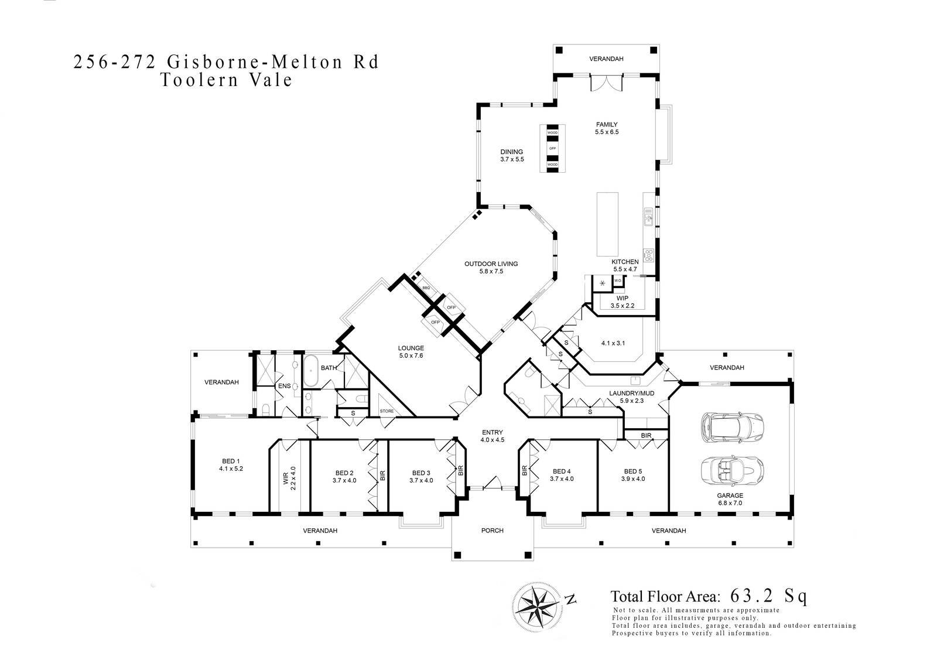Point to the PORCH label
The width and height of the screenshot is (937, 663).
pyautogui.click(x=492, y=531)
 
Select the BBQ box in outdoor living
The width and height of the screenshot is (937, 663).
pyautogui.click(x=426, y=288)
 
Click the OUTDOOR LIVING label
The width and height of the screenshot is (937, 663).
pyautogui.click(x=491, y=267)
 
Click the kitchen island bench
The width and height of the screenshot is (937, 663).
pyautogui.click(x=607, y=223)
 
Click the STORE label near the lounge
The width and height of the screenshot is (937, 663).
pyautogui.click(x=387, y=411)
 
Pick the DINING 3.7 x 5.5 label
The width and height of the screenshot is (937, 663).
pyautogui.click(x=511, y=155)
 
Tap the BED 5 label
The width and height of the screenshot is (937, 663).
pyautogui.click(x=633, y=474)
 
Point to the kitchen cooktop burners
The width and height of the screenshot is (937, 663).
pyautogui.click(x=648, y=255)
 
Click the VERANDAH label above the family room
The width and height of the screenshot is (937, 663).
pyautogui.click(x=606, y=59)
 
